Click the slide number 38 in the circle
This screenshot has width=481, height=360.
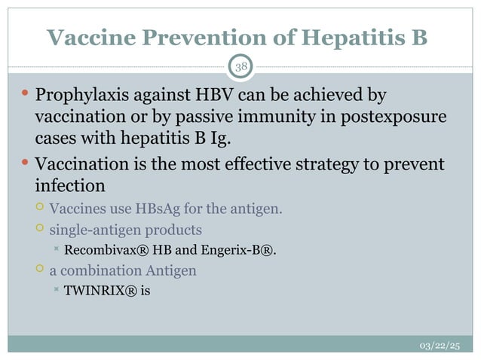[x=240, y=69]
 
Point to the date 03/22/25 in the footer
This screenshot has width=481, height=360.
[x=440, y=346]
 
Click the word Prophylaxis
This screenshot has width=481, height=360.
[x=84, y=96]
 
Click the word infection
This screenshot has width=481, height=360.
[x=70, y=185]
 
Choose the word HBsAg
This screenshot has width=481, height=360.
[x=156, y=207]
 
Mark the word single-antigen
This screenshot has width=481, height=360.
[x=93, y=228]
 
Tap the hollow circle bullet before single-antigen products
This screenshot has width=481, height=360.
[x=39, y=227]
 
